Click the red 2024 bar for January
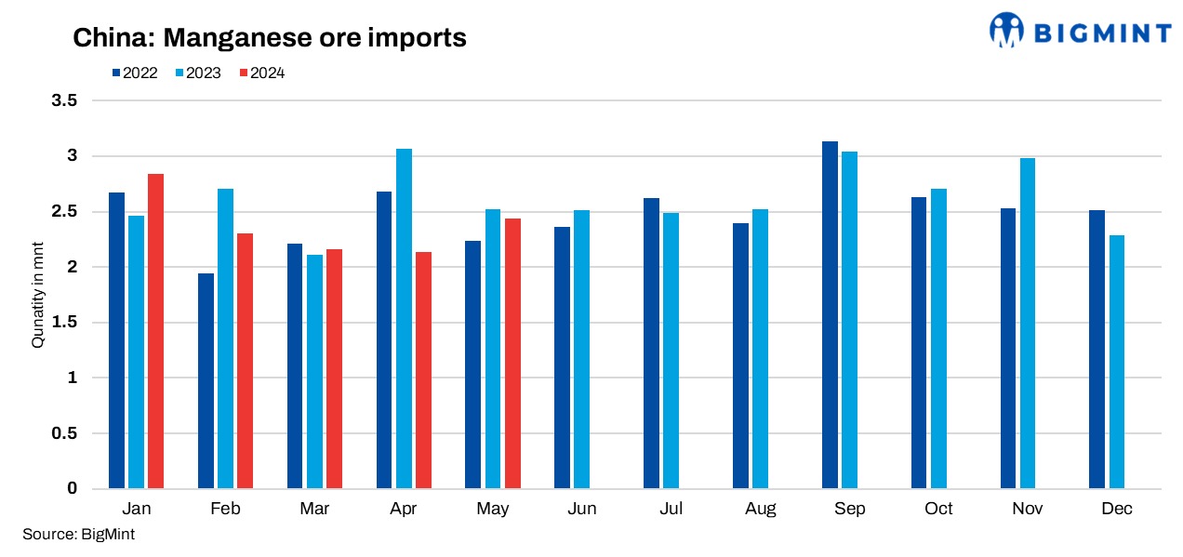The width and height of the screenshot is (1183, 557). tap(155, 331)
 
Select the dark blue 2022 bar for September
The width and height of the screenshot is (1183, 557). tap(831, 315)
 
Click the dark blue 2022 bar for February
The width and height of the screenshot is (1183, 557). tap(206, 381)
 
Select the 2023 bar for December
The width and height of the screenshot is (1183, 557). tap(1117, 362)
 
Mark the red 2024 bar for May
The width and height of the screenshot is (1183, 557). tap(512, 353)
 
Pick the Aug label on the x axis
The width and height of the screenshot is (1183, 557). tap(760, 509)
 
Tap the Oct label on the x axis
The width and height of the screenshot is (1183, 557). tap(939, 509)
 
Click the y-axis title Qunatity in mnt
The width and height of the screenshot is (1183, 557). tap(38, 295)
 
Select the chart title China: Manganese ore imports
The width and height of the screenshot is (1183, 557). tap(270, 38)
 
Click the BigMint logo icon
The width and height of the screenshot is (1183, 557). tap(1006, 30)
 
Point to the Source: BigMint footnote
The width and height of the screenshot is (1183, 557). tap(78, 534)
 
